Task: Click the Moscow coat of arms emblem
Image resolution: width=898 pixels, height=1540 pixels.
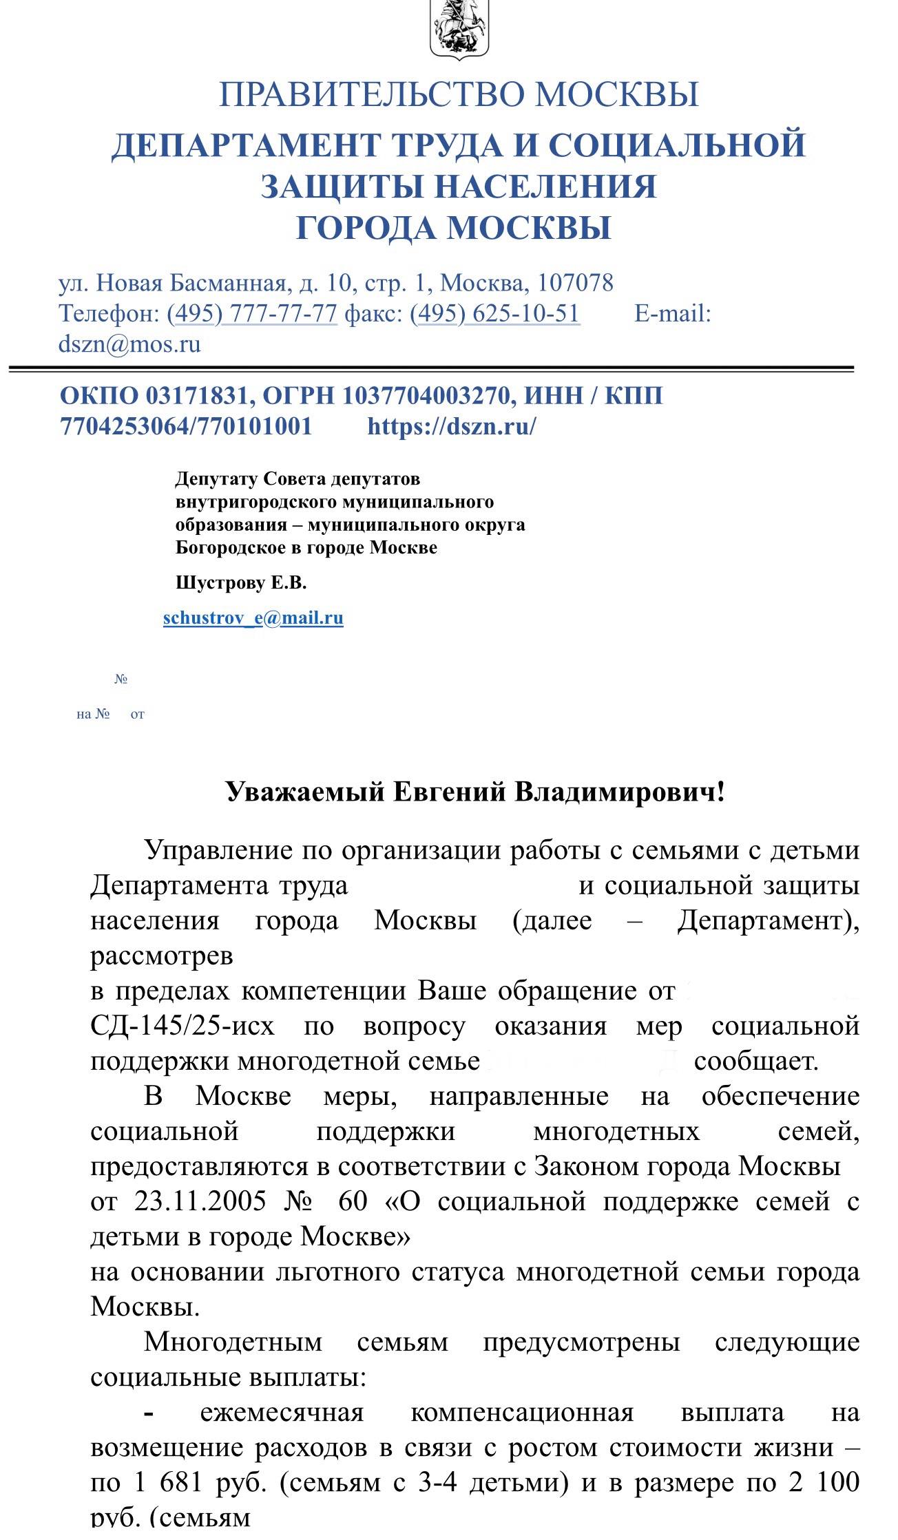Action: [x=459, y=29]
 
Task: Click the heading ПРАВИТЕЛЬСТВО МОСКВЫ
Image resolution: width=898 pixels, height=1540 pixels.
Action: [x=459, y=94]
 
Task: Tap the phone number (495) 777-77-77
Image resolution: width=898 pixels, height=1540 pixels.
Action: [x=252, y=314]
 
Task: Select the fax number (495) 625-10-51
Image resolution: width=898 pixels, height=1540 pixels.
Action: [x=494, y=314]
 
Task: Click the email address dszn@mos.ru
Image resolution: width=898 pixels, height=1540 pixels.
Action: [x=129, y=344]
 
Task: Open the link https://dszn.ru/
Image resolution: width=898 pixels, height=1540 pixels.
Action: [x=452, y=427]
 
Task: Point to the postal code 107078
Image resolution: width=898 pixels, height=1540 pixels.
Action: [x=575, y=283]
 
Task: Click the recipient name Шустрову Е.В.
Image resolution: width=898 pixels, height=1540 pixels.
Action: [x=241, y=583]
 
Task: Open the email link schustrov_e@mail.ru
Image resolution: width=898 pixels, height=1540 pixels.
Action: [x=253, y=618]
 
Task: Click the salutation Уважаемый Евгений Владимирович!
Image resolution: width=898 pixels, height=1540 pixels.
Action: [x=475, y=792]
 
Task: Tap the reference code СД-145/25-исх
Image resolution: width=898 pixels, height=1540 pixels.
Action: [x=182, y=1026]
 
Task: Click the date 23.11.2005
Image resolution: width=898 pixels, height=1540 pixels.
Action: [x=200, y=1201]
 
